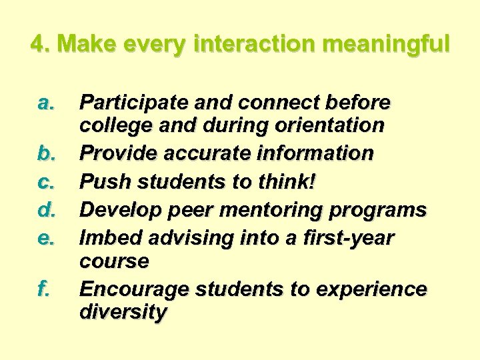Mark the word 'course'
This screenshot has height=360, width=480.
pos(114,261)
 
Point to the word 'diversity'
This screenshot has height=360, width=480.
pos(123,312)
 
